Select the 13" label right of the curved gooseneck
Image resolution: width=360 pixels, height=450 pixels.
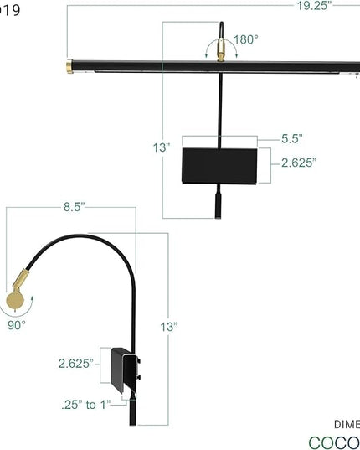point(171,326)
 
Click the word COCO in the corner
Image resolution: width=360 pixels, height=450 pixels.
point(334,442)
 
